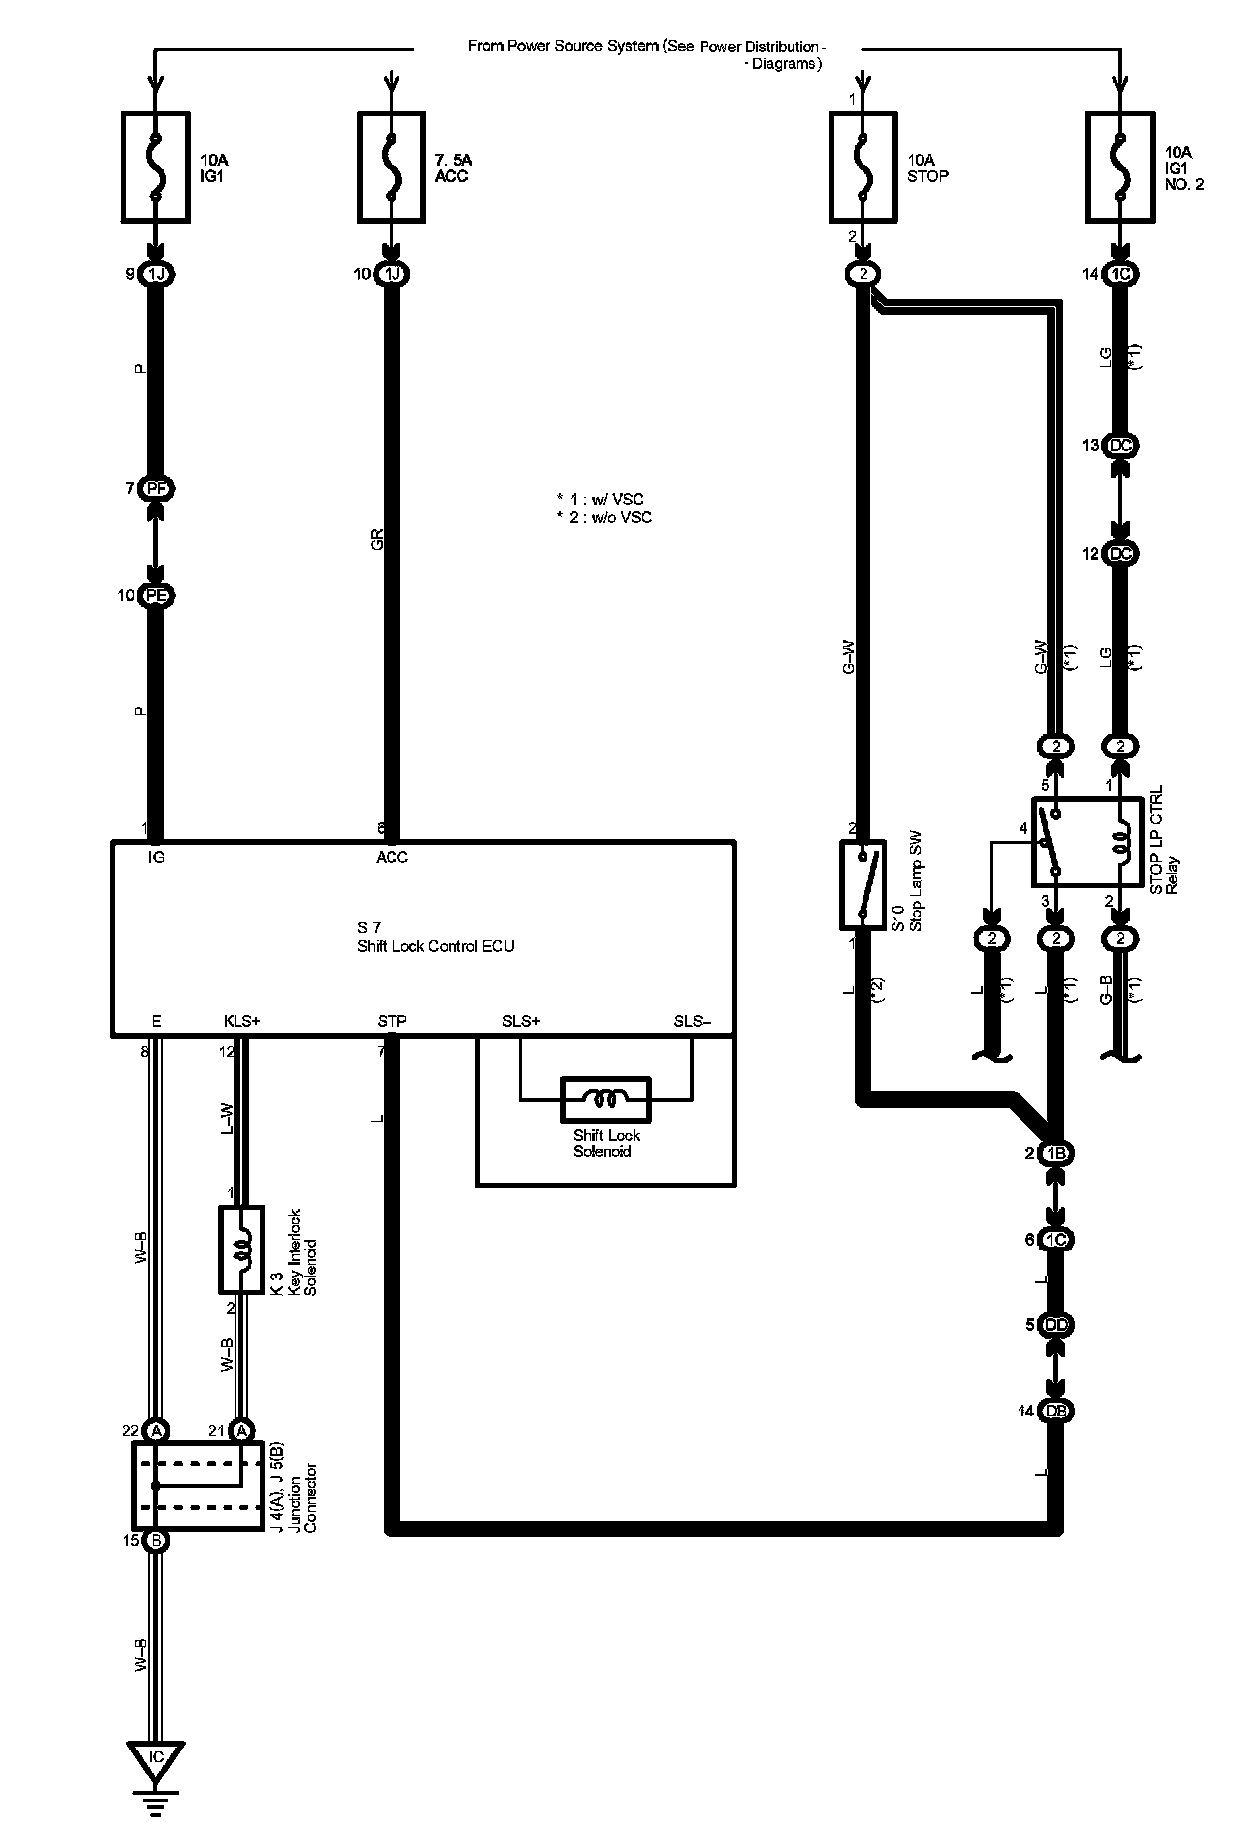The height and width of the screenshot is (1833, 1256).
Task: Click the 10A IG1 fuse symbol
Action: point(155,166)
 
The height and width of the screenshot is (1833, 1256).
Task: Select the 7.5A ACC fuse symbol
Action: point(392,166)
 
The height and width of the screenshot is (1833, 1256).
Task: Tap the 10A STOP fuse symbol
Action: point(863,166)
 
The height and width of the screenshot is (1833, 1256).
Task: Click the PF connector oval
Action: point(156,489)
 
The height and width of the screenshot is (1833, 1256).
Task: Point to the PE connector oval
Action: point(156,596)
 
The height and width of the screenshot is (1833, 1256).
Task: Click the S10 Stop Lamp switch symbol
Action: point(862,885)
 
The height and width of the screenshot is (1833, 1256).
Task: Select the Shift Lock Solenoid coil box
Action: point(606,1098)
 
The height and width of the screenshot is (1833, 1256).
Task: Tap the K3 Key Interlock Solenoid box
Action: point(241,1250)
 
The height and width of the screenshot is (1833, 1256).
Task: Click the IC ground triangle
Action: point(156,1758)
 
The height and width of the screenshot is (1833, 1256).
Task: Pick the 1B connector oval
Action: point(1055,1154)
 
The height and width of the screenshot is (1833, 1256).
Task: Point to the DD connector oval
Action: point(1055,1325)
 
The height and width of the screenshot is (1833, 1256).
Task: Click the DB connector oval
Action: point(1055,1411)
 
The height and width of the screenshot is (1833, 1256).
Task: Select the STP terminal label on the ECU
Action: point(392,1021)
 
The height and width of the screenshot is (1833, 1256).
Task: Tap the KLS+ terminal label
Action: point(241,1021)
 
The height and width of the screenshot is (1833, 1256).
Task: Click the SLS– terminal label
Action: point(693,1021)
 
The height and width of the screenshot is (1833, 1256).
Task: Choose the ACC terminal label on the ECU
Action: point(392,857)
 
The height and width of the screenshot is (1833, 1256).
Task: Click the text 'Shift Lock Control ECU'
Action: point(435,946)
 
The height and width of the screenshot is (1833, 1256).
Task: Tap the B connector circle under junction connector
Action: point(156,1542)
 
